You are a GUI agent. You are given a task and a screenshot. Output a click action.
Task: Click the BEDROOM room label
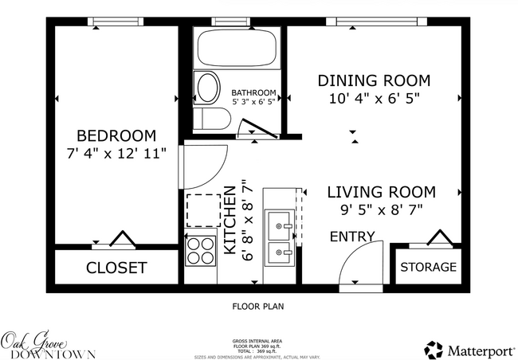click(116, 135)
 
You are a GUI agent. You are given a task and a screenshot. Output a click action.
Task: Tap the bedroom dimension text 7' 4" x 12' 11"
click(116, 153)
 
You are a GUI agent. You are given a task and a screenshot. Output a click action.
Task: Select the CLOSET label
click(116, 268)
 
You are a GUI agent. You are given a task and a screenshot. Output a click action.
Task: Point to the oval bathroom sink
click(208, 88)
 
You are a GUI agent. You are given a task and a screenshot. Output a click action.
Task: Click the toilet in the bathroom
click(214, 119)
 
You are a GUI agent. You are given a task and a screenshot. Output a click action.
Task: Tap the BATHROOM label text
click(254, 92)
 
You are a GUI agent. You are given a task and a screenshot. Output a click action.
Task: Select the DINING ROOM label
click(374, 80)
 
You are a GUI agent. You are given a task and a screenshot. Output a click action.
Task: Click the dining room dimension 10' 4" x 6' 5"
click(374, 99)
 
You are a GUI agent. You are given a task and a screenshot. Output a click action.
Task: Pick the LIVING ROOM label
click(381, 192)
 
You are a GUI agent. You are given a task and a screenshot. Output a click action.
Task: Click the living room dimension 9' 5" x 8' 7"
click(381, 210)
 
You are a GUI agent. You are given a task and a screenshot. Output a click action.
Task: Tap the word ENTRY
click(352, 237)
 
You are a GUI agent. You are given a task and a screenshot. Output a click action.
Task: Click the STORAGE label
click(428, 267)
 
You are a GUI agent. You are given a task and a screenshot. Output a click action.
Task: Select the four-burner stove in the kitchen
click(201, 251)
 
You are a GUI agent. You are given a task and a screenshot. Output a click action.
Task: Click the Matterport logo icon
click(434, 349)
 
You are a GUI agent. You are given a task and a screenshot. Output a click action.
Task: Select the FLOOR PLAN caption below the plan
click(257, 306)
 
